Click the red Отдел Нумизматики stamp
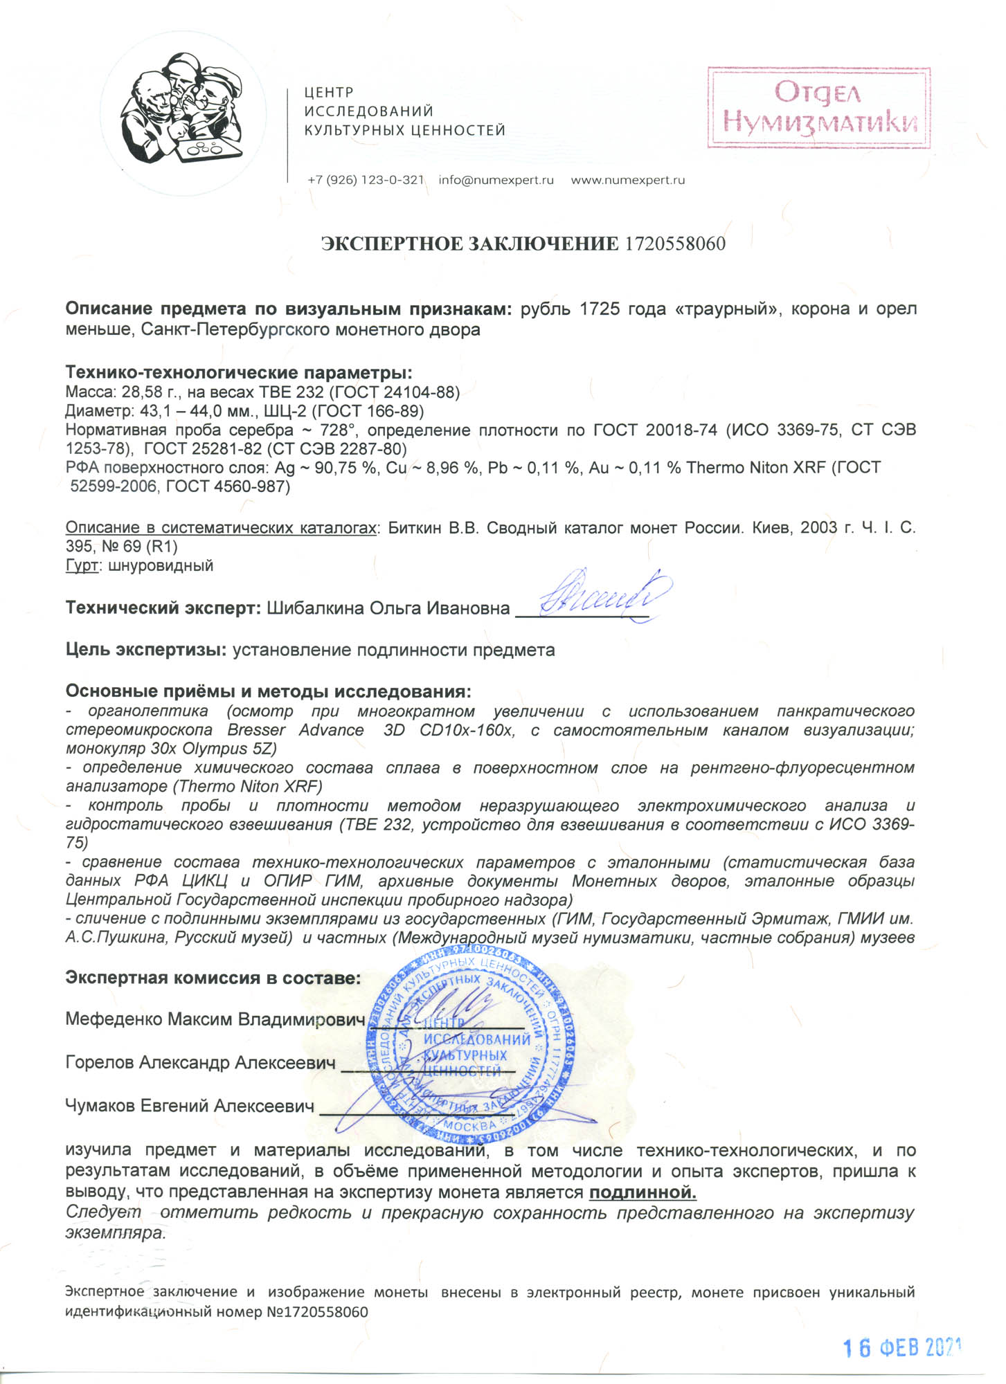click(818, 108)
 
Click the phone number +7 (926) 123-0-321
click(366, 180)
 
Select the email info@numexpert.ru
click(496, 180)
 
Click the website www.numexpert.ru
click(627, 180)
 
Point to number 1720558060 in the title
click(675, 244)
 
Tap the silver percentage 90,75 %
click(339, 468)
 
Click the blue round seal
click(471, 1046)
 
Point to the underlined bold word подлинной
click(643, 1192)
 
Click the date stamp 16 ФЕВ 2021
click(901, 1347)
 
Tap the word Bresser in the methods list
click(256, 730)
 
